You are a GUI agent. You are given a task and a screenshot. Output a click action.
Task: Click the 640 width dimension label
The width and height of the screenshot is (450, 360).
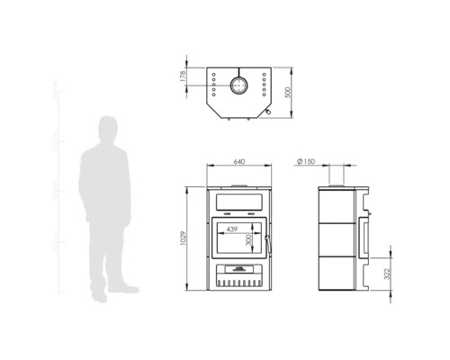coord(238,162)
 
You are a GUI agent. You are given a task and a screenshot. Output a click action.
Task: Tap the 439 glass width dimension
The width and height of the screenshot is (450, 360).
coord(232,229)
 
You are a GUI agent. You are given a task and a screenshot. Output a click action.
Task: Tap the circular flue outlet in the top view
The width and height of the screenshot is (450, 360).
coord(238,85)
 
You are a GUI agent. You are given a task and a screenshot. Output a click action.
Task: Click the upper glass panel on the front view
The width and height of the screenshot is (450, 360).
coord(238,198)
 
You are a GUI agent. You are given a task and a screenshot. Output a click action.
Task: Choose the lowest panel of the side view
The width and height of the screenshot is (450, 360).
coord(337,275)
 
